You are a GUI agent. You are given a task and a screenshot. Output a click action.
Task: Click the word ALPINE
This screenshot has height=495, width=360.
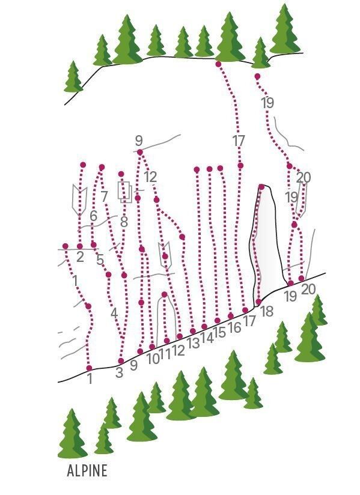[87, 470]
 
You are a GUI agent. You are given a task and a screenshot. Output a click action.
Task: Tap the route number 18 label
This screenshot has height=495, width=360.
[267, 311]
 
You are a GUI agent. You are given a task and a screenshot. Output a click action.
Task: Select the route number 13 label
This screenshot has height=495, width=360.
[194, 343]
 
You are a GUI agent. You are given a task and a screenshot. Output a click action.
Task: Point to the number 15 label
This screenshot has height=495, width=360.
[219, 332]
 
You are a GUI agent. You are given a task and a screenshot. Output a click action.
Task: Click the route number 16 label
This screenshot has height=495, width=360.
[235, 327]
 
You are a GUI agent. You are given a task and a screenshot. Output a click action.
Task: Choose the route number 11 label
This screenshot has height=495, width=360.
[165, 355]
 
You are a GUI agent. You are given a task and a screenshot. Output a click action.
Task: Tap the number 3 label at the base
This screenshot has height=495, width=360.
[119, 372]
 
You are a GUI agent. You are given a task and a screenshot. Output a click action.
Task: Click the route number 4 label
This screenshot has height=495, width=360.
[114, 314]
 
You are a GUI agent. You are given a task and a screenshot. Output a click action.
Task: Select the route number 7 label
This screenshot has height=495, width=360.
[105, 197]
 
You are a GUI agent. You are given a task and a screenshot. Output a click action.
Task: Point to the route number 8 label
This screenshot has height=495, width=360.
[124, 222]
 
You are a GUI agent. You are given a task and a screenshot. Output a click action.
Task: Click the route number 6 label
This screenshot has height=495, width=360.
[94, 216]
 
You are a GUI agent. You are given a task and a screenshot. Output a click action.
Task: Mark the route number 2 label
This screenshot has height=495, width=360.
[80, 257]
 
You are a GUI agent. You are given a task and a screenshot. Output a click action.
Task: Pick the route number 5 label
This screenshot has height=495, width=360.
[100, 260]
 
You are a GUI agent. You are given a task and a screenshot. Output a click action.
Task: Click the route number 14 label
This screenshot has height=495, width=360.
[207, 338]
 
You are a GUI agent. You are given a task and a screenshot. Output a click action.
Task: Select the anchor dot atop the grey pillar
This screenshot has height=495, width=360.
[261, 187]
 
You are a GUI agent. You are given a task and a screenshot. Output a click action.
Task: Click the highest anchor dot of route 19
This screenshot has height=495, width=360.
[257, 76]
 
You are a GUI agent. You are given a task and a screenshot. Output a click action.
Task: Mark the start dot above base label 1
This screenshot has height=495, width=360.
[90, 368]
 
